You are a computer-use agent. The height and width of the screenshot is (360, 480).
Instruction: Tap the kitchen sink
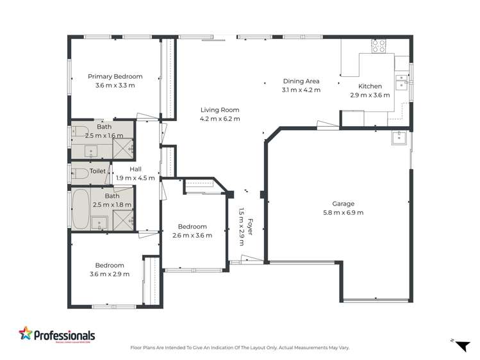pyautogui.click(x=401, y=81)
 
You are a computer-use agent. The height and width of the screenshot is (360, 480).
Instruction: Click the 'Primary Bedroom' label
pyautogui.click(x=115, y=76)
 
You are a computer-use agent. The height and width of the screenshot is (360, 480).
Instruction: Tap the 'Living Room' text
pyautogui.click(x=220, y=110)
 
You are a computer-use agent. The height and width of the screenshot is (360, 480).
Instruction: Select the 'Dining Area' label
pyautogui.click(x=301, y=81)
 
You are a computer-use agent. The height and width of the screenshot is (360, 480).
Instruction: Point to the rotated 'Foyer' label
pyautogui.click(x=250, y=227)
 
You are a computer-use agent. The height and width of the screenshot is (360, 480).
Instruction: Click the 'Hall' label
pyautogui.click(x=135, y=169)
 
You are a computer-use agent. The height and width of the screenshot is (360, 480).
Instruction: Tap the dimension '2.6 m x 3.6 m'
pyautogui.click(x=192, y=235)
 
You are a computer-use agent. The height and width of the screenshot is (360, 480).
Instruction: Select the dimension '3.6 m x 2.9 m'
pyautogui.click(x=110, y=274)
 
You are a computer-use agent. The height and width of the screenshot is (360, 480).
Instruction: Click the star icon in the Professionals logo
pyautogui.click(x=25, y=334)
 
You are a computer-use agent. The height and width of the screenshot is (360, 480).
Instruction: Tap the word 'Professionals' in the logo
pyautogui.click(x=64, y=335)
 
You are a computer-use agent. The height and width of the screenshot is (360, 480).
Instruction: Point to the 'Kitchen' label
pyautogui.click(x=370, y=86)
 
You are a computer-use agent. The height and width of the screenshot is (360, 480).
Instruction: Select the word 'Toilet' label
pyautogui.click(x=97, y=171)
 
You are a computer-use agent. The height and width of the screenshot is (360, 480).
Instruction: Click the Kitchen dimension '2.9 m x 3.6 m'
pyautogui.click(x=370, y=95)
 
